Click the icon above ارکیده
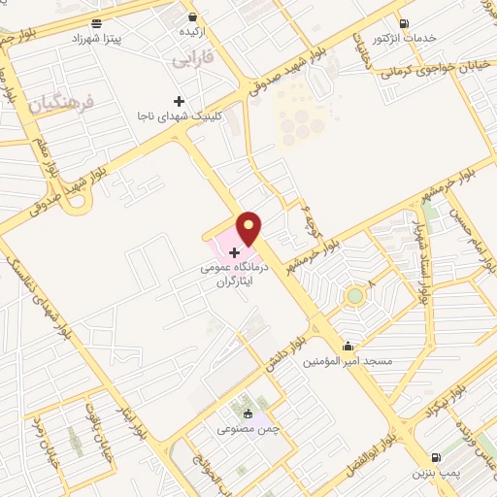[x=192, y=17]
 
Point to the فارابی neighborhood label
[x=192, y=60]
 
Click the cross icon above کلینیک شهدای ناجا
[x=179, y=101]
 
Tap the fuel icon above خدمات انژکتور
[x=405, y=23]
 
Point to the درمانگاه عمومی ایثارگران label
[x=232, y=271]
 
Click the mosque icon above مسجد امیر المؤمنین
[x=348, y=346]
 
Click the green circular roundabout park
[x=355, y=295]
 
